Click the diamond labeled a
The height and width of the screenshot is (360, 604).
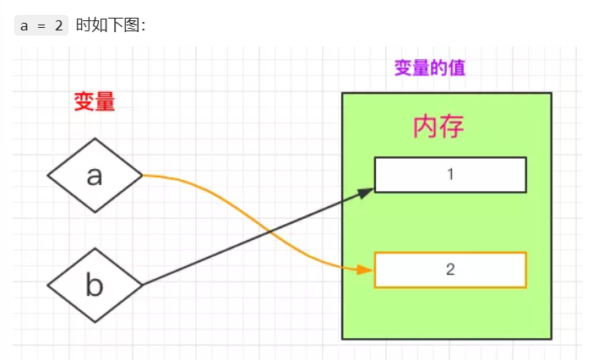[95, 176]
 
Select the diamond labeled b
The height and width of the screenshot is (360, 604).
[95, 285]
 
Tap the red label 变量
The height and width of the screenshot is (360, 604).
[94, 102]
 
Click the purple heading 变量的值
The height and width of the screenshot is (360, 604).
[429, 68]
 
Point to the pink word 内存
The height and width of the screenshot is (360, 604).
[438, 127]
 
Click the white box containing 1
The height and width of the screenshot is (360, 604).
[450, 175]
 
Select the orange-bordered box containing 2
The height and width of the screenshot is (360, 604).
[450, 270]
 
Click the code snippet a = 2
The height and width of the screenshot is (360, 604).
[41, 25]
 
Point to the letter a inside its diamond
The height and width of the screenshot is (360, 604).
[95, 176]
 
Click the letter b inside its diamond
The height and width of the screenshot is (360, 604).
[95, 285]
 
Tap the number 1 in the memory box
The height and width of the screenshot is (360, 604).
[450, 175]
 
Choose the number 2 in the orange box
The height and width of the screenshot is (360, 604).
[450, 270]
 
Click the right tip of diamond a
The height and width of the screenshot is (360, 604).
[142, 176]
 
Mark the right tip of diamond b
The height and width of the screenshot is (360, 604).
[142, 285]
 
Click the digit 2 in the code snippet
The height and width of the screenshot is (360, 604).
[58, 25]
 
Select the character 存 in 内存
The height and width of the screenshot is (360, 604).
[452, 127]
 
